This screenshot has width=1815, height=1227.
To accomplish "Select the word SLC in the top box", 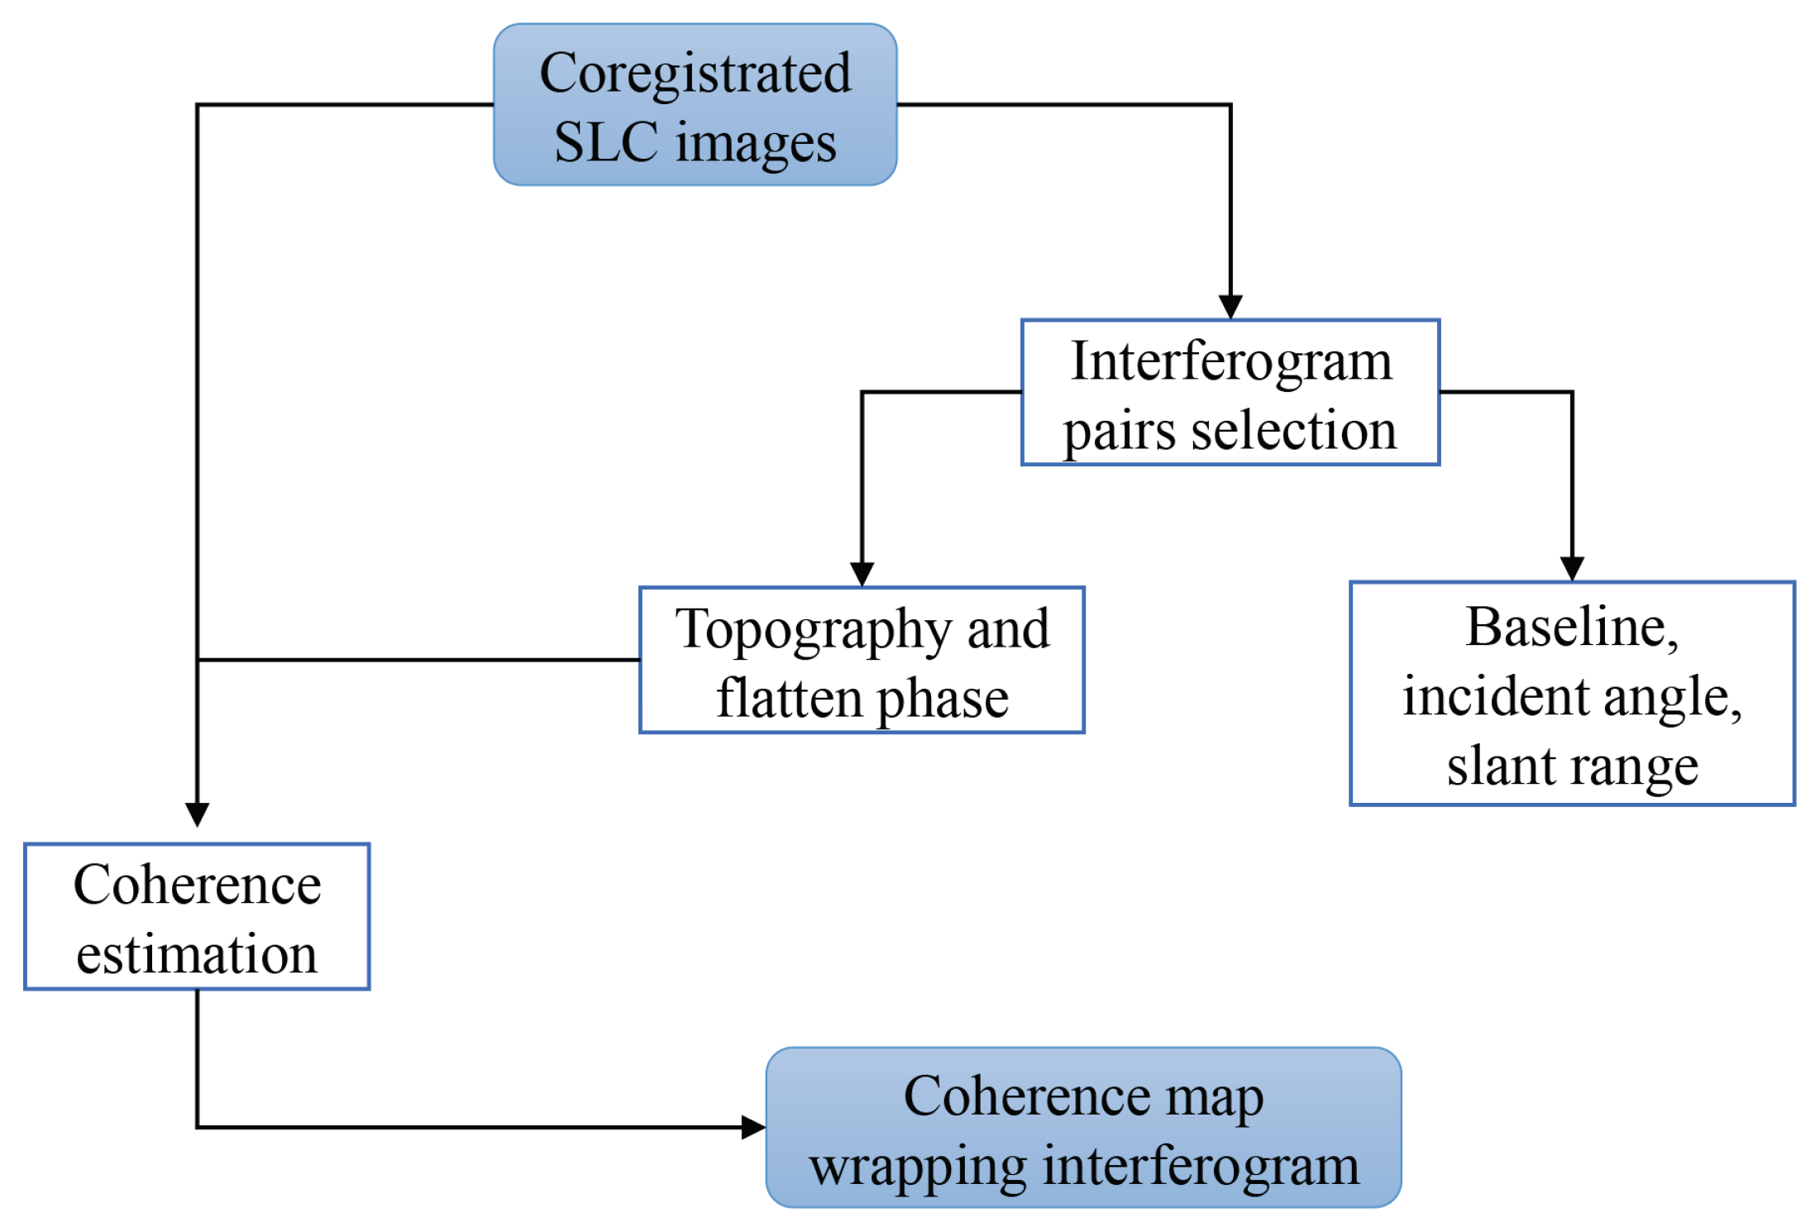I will click(605, 142).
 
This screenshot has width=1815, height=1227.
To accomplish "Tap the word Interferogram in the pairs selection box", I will click(1231, 361).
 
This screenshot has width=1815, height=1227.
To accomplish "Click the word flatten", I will click(788, 699).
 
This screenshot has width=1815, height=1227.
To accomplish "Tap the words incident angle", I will click(1571, 696).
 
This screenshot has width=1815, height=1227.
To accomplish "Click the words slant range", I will click(1572, 766).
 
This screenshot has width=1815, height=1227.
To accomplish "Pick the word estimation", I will click(197, 954).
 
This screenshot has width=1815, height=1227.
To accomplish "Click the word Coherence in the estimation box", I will click(197, 886).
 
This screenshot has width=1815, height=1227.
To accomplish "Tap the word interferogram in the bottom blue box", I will click(1201, 1167).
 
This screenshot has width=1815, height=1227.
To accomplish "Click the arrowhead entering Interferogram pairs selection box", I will click(1230, 307).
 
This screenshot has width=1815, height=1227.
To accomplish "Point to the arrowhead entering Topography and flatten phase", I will click(862, 574).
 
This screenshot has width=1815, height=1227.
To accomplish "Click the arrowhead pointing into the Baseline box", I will click(1572, 568).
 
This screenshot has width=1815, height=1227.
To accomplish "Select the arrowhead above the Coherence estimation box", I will click(198, 814).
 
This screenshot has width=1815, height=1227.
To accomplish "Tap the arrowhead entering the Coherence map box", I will click(752, 1127).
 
